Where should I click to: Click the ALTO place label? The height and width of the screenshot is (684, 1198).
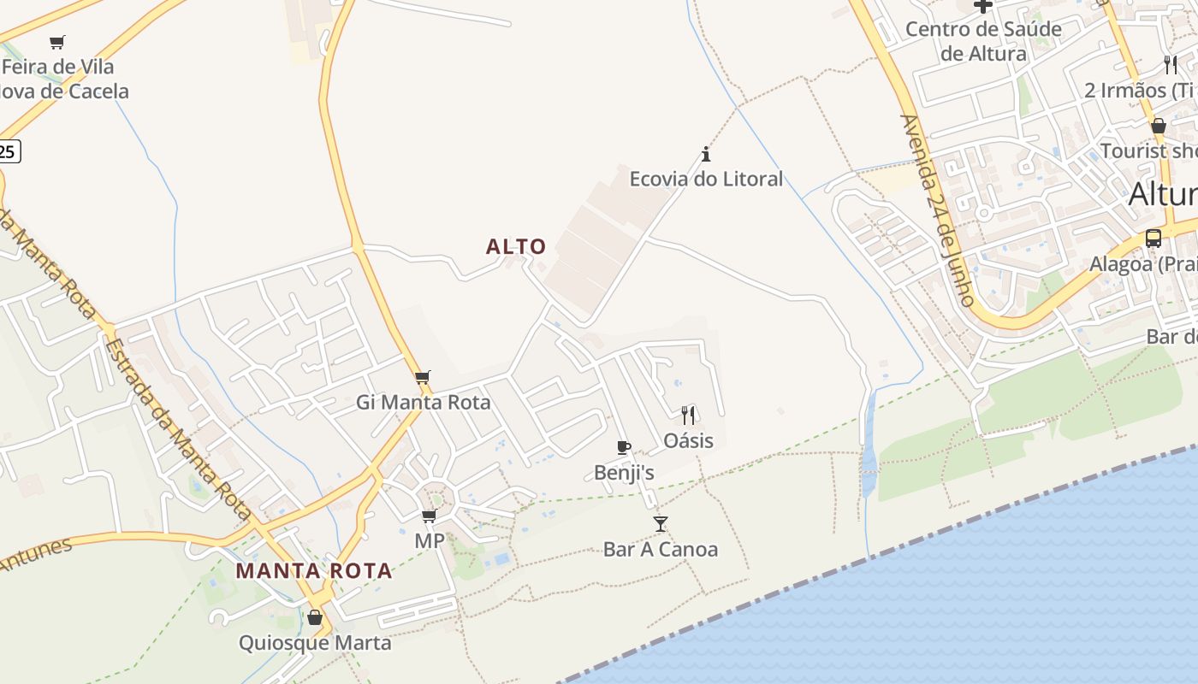pos(516,247)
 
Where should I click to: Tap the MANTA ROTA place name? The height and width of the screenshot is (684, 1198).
pos(314,570)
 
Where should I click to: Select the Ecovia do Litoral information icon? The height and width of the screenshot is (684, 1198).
pos(706,155)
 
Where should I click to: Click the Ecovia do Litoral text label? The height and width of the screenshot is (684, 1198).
pos(706,179)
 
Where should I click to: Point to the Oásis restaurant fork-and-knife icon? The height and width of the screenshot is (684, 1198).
pos(688,416)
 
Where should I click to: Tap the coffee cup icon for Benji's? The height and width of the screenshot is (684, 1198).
pos(624,447)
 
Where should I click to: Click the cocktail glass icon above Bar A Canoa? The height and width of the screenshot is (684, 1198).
pos(660,523)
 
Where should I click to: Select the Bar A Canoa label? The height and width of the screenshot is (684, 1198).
pos(660,549)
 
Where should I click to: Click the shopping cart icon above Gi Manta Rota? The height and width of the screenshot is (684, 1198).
pos(422,377)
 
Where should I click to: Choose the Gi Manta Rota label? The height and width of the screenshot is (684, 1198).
pos(424,402)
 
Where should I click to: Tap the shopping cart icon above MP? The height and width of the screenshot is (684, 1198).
pos(429,516)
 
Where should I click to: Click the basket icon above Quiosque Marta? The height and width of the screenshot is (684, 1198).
pos(315,617)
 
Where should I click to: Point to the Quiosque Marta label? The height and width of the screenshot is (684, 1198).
pos(315,643)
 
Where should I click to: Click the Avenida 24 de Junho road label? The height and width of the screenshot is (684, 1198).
pos(937,210)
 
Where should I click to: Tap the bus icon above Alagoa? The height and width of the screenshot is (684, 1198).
pos(1154,238)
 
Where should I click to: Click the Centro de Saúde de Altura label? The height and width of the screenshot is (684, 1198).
pos(983,41)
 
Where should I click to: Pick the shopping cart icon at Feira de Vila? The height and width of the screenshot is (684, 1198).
pos(57,42)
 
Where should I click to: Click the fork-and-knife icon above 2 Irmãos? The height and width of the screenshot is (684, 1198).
pos(1171,65)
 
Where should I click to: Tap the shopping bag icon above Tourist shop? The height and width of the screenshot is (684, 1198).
pos(1159,126)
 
